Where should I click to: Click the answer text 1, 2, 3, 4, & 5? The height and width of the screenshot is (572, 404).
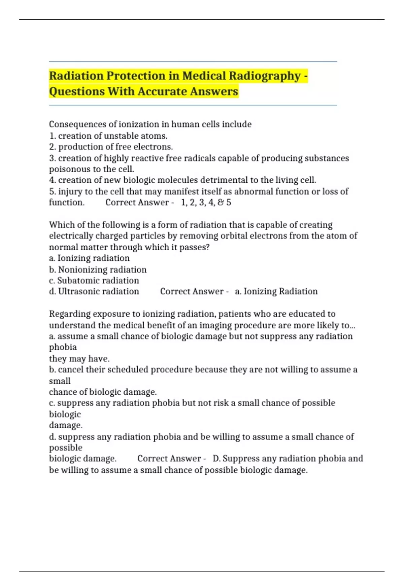pos(206,203)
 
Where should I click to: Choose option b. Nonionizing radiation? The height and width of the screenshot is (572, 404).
pos(98,270)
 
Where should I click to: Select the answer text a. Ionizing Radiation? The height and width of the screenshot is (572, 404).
pos(276,291)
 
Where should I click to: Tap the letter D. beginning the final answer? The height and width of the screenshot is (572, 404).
pos(216,459)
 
